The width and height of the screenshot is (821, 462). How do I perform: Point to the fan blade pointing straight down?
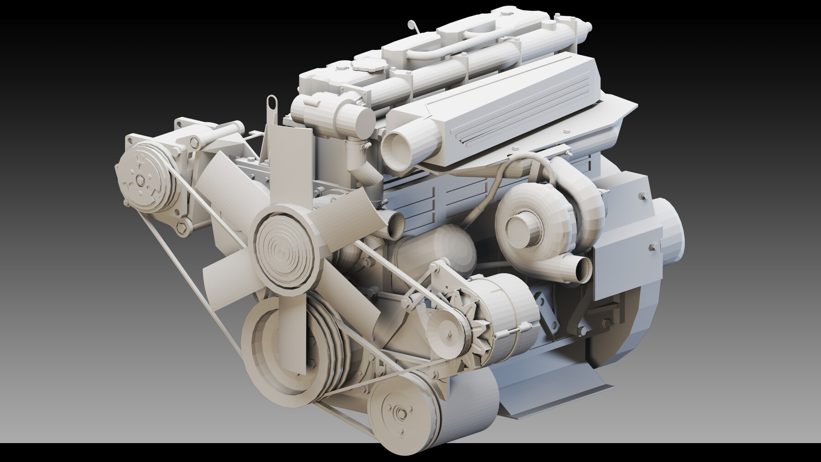[x=296, y=328]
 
